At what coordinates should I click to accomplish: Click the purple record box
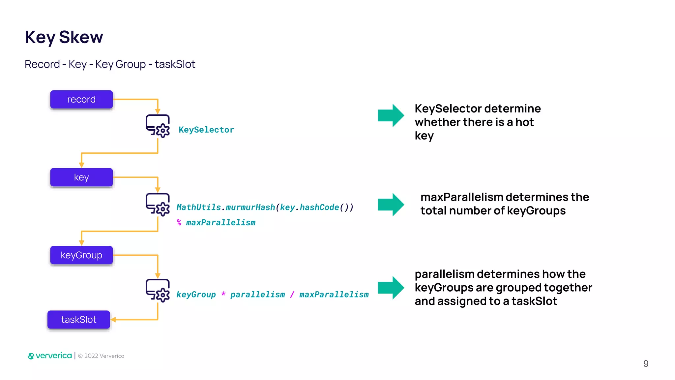(x=81, y=99)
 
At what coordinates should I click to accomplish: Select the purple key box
(x=81, y=177)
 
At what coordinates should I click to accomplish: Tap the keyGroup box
(x=81, y=255)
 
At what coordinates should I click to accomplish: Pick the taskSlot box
(x=79, y=319)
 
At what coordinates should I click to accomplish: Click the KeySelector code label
(x=206, y=130)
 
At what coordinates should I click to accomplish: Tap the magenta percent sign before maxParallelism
(x=179, y=222)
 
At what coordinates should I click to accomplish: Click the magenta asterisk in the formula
(x=223, y=294)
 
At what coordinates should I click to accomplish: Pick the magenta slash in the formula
(x=292, y=294)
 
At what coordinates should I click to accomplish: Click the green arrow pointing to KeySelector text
(x=391, y=115)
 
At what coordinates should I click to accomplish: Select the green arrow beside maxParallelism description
(x=391, y=205)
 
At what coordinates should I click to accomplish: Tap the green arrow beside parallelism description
(x=391, y=288)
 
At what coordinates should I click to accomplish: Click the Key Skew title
(x=64, y=37)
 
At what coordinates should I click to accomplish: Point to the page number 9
(x=646, y=364)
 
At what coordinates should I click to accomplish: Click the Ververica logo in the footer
(x=50, y=356)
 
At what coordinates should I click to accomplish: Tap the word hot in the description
(x=524, y=122)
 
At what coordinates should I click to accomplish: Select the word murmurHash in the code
(x=250, y=207)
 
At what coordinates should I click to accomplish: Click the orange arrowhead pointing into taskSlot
(x=113, y=319)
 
